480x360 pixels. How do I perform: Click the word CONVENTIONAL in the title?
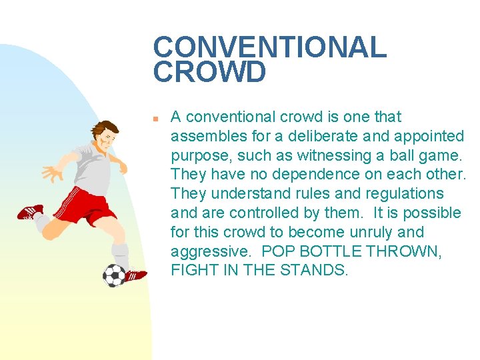270,47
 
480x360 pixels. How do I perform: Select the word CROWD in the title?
209,73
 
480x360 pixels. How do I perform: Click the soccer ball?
114,274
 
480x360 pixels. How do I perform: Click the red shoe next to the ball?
135,275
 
